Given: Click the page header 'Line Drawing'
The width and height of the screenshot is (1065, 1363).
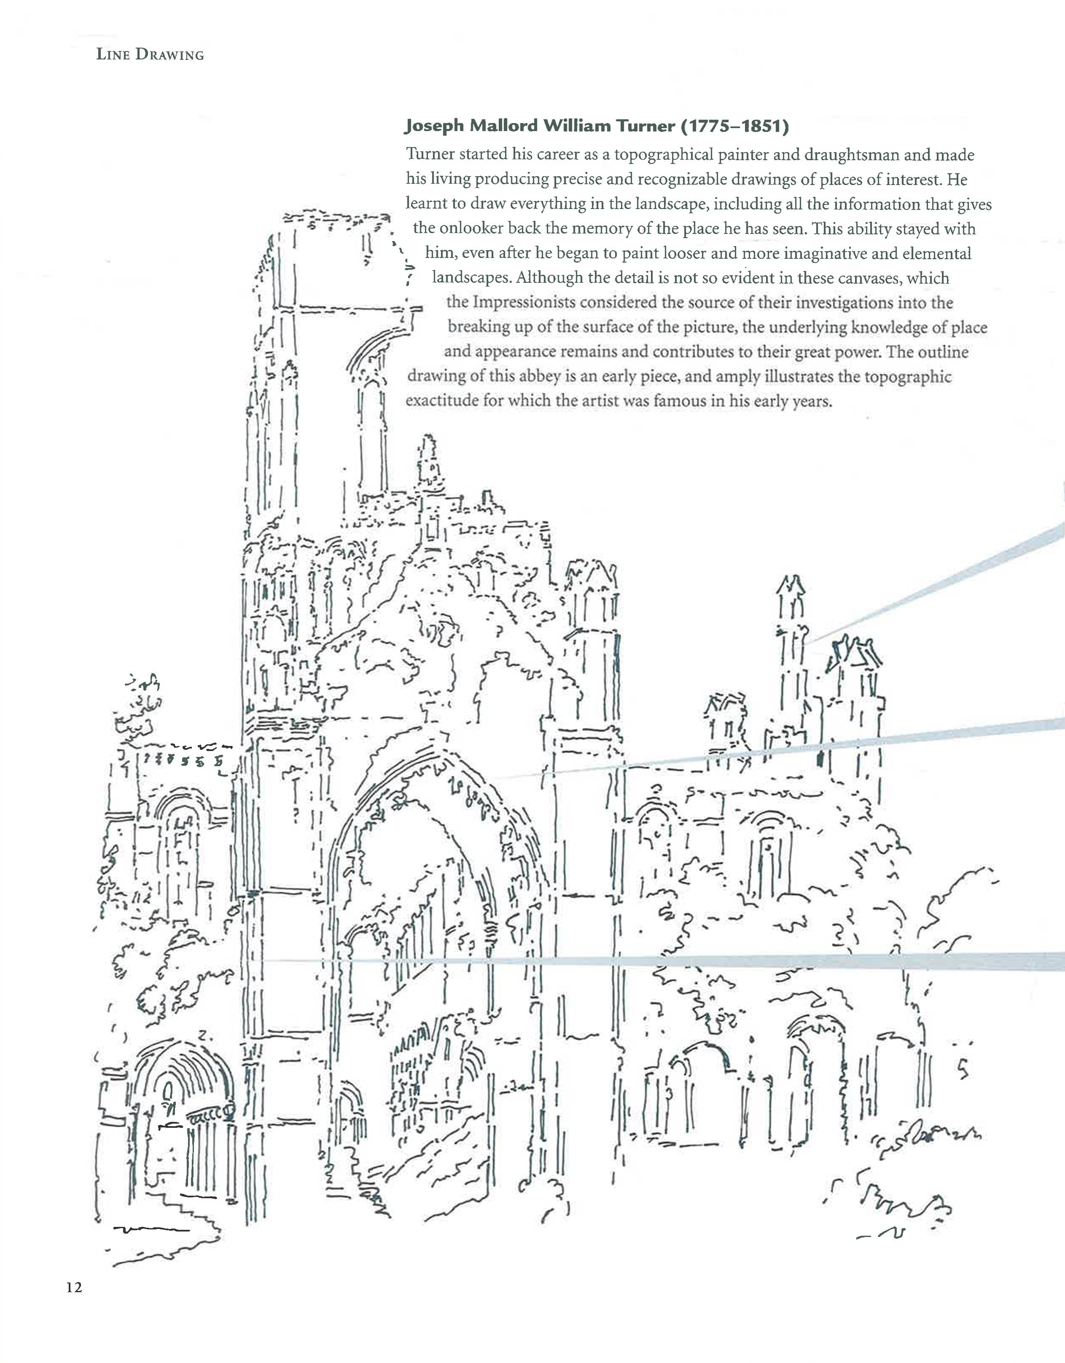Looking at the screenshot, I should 150,54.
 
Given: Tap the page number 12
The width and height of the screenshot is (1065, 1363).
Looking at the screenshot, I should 74,1288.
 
